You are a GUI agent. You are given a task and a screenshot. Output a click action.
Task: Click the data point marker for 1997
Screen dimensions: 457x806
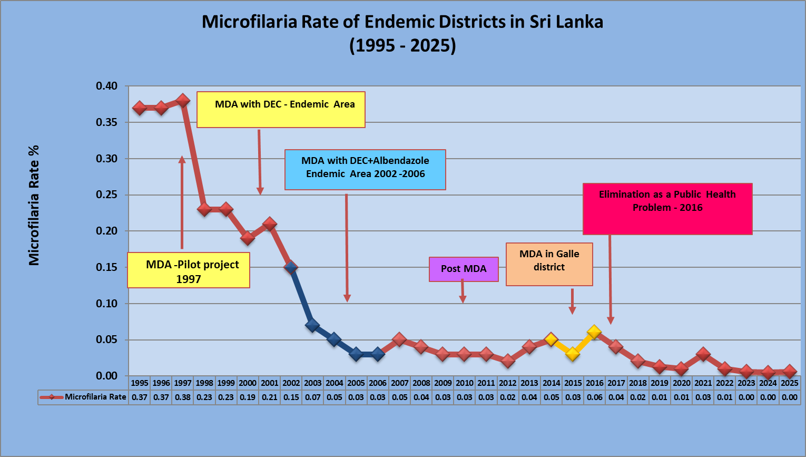click(x=183, y=100)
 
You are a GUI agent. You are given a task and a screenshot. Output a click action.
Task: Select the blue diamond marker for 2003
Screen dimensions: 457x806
click(x=312, y=325)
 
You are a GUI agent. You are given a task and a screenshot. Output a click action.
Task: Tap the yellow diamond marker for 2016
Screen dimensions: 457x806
click(x=594, y=332)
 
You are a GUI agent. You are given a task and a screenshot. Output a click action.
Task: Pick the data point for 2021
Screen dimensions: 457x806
click(x=703, y=354)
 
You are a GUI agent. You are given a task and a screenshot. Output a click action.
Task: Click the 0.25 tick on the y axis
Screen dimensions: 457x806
click(x=106, y=195)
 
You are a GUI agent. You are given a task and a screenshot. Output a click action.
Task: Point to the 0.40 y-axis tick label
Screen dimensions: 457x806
click(x=106, y=86)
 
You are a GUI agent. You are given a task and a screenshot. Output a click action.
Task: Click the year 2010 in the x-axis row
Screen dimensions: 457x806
click(x=464, y=383)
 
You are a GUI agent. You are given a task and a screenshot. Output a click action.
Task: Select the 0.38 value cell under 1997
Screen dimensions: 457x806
click(x=183, y=397)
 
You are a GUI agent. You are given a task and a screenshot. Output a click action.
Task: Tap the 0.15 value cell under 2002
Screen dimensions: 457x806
click(x=291, y=397)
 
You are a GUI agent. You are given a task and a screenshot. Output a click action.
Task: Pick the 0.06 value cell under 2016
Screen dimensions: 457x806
click(x=594, y=397)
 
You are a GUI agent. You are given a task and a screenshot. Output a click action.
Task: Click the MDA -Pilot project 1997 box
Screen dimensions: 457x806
click(x=189, y=271)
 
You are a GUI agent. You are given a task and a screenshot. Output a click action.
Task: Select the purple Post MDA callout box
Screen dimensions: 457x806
click(x=464, y=269)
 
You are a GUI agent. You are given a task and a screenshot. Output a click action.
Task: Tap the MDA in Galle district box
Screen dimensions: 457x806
click(x=549, y=264)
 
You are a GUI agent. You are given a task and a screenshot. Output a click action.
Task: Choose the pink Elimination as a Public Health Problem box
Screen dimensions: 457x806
click(x=667, y=208)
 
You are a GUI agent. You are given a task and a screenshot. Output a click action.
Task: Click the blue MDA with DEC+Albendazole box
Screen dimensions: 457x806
click(x=365, y=170)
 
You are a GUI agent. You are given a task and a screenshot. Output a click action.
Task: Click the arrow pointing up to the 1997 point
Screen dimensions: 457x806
click(x=182, y=203)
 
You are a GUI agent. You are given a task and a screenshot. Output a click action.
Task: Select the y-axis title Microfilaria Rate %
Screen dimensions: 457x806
click(x=34, y=206)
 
